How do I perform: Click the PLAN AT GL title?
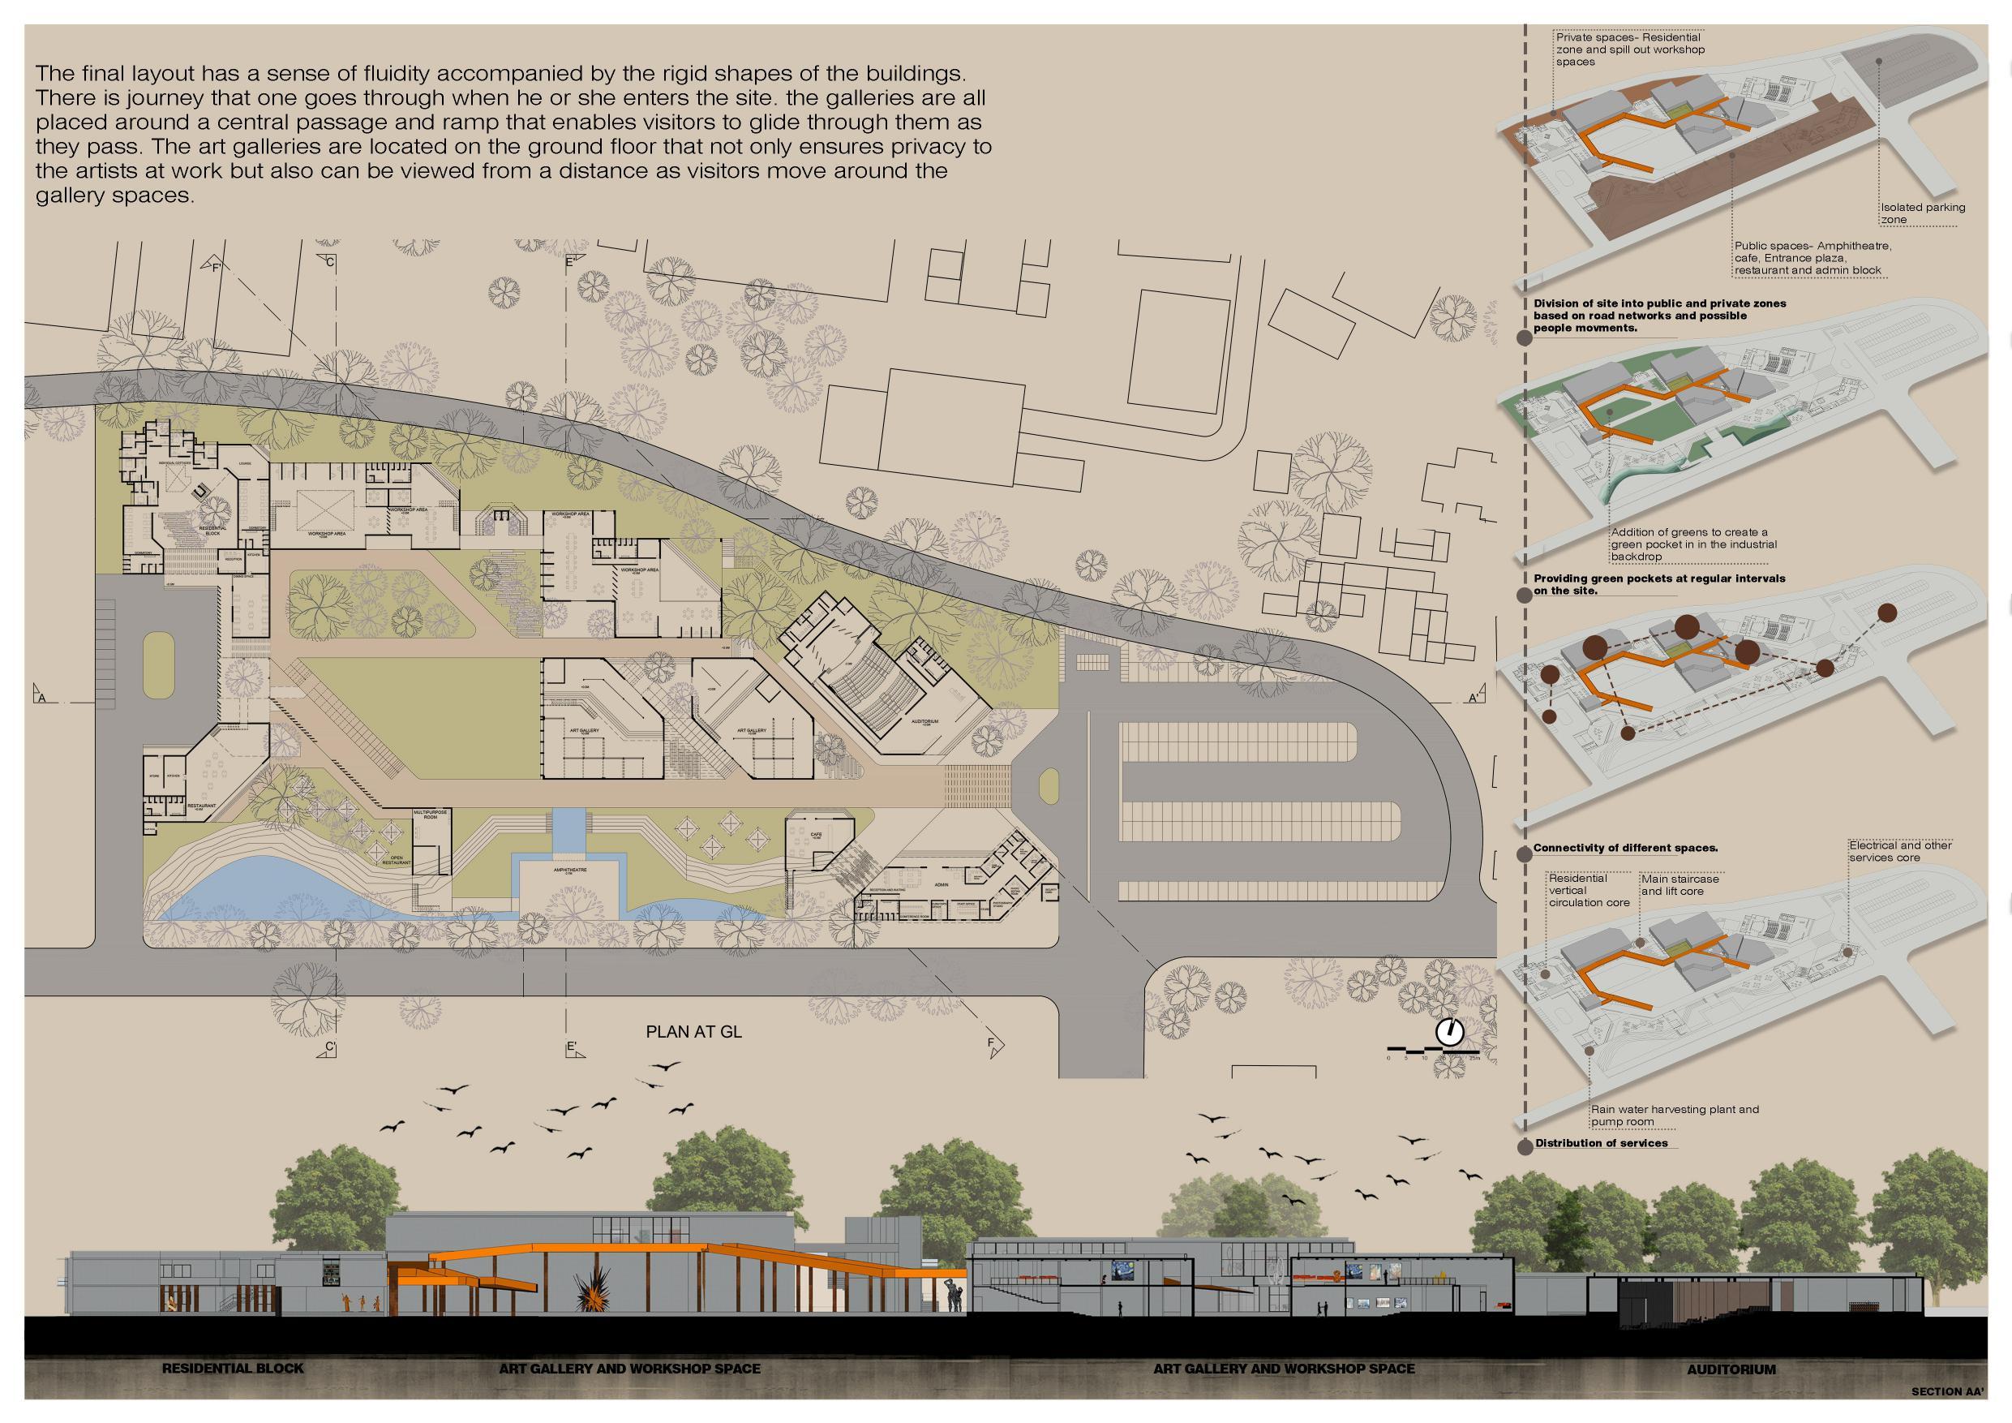pos(693,1032)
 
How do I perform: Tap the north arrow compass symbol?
pos(1450,1032)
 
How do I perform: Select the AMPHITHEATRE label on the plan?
pos(570,871)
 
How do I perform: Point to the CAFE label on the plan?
pos(817,835)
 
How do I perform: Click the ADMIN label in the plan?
pos(942,861)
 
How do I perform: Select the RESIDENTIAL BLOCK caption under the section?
pos(232,1368)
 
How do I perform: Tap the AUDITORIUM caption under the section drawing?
pos(1731,1369)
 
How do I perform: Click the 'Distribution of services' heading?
pos(1601,1143)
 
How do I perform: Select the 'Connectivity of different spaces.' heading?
pos(1624,848)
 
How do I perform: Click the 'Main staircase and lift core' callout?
pos(1680,884)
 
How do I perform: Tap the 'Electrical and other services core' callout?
pos(1900,850)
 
